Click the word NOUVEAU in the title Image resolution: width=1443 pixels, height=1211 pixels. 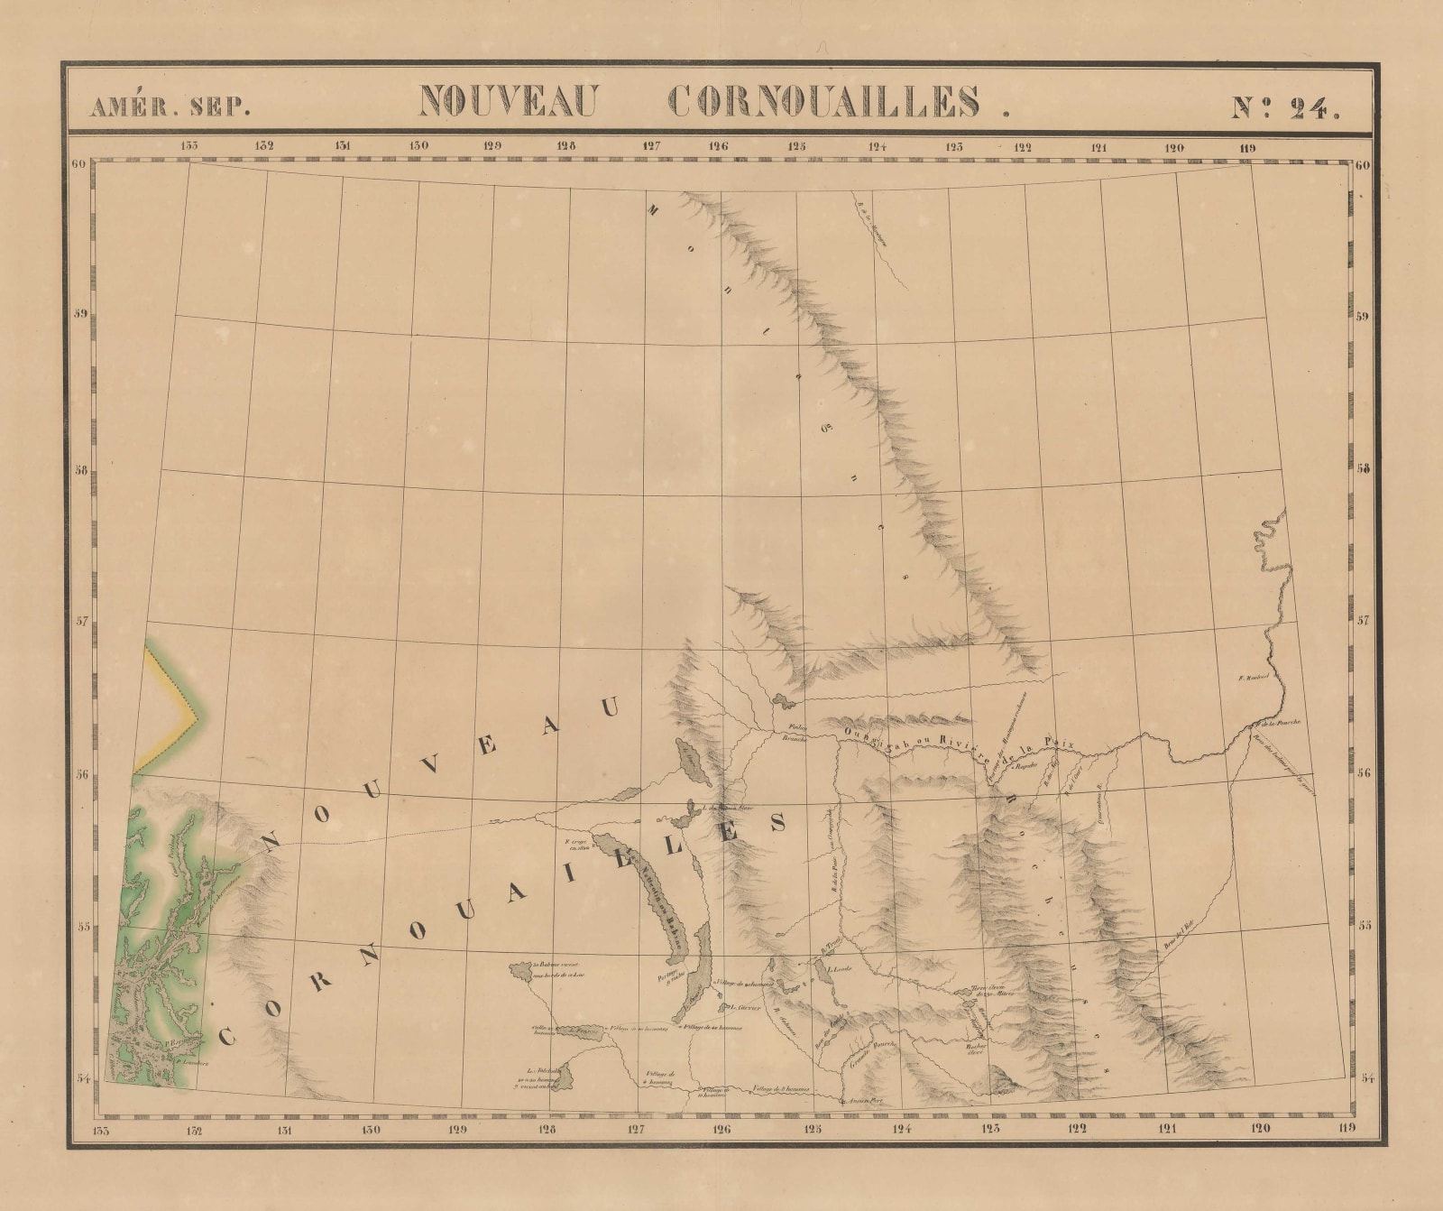508,102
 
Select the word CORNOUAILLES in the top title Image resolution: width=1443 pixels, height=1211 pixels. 826,102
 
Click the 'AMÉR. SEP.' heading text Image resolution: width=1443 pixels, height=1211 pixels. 170,106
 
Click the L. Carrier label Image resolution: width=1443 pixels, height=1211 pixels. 745,1007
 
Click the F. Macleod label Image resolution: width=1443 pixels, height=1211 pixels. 1254,676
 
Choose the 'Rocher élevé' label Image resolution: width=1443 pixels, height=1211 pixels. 974,1049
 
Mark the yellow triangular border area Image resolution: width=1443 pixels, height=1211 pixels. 167,713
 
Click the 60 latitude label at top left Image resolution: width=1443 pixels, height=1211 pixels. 78,164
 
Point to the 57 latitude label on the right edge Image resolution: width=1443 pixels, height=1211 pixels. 1362,621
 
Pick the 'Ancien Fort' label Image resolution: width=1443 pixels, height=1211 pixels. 858,1101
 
